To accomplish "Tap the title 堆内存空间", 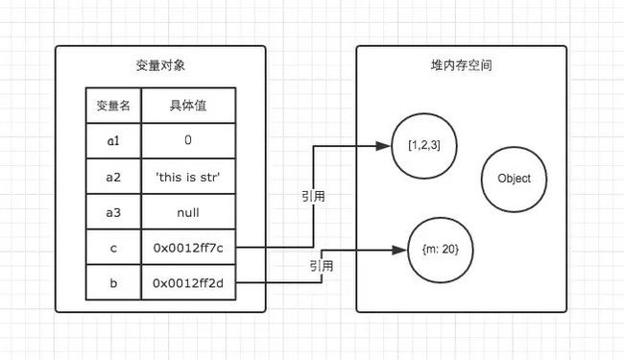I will [x=456, y=67].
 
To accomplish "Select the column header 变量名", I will [x=113, y=106].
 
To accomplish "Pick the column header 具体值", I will [x=188, y=106].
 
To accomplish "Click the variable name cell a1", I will [x=113, y=140].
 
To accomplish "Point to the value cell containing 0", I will [x=188, y=140].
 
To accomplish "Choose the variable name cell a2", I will [x=113, y=176].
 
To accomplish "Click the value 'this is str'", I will [x=188, y=176].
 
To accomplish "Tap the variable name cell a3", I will [x=113, y=211].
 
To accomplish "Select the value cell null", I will [x=188, y=211].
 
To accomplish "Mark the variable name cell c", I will [x=113, y=247].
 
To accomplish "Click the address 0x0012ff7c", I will [x=188, y=247].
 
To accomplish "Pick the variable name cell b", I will [x=113, y=282].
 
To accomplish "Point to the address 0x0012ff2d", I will [x=188, y=282].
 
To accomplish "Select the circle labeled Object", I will [x=515, y=179].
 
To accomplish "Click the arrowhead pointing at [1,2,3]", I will [x=382, y=146].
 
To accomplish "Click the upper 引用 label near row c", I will [x=313, y=196].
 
